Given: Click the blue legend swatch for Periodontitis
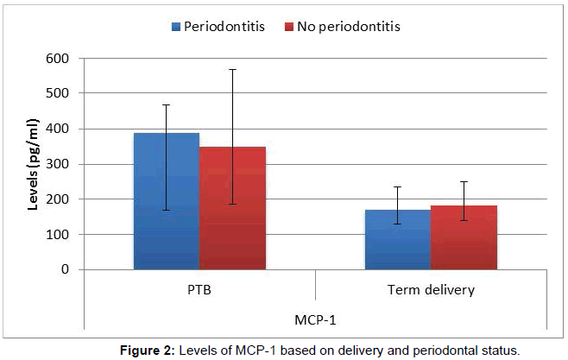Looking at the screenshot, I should pyautogui.click(x=175, y=27).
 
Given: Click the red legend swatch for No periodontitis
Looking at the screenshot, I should pyautogui.click(x=288, y=27).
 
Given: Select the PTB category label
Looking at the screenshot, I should pyautogui.click(x=199, y=290).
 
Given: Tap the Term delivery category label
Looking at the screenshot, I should pyautogui.click(x=430, y=290).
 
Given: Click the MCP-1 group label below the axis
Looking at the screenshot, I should pyautogui.click(x=314, y=320).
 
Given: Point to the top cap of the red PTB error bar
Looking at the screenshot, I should pyautogui.click(x=232, y=69).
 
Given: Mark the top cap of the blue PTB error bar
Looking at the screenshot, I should pyautogui.click(x=166, y=104).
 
